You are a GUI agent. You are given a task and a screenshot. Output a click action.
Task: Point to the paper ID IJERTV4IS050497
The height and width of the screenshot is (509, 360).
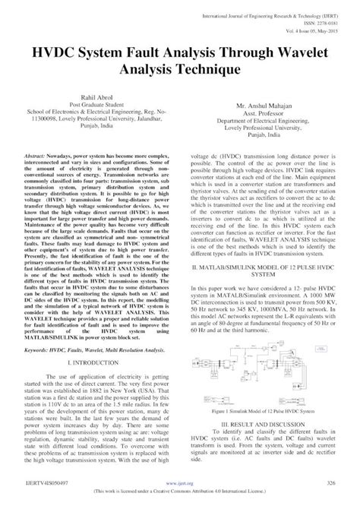41,482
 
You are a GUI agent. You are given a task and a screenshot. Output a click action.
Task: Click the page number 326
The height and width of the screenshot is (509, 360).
330,482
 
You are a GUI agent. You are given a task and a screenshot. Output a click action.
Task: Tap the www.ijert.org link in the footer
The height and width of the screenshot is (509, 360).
179,482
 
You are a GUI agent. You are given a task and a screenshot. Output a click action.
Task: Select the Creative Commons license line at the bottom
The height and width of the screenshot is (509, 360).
180,492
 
